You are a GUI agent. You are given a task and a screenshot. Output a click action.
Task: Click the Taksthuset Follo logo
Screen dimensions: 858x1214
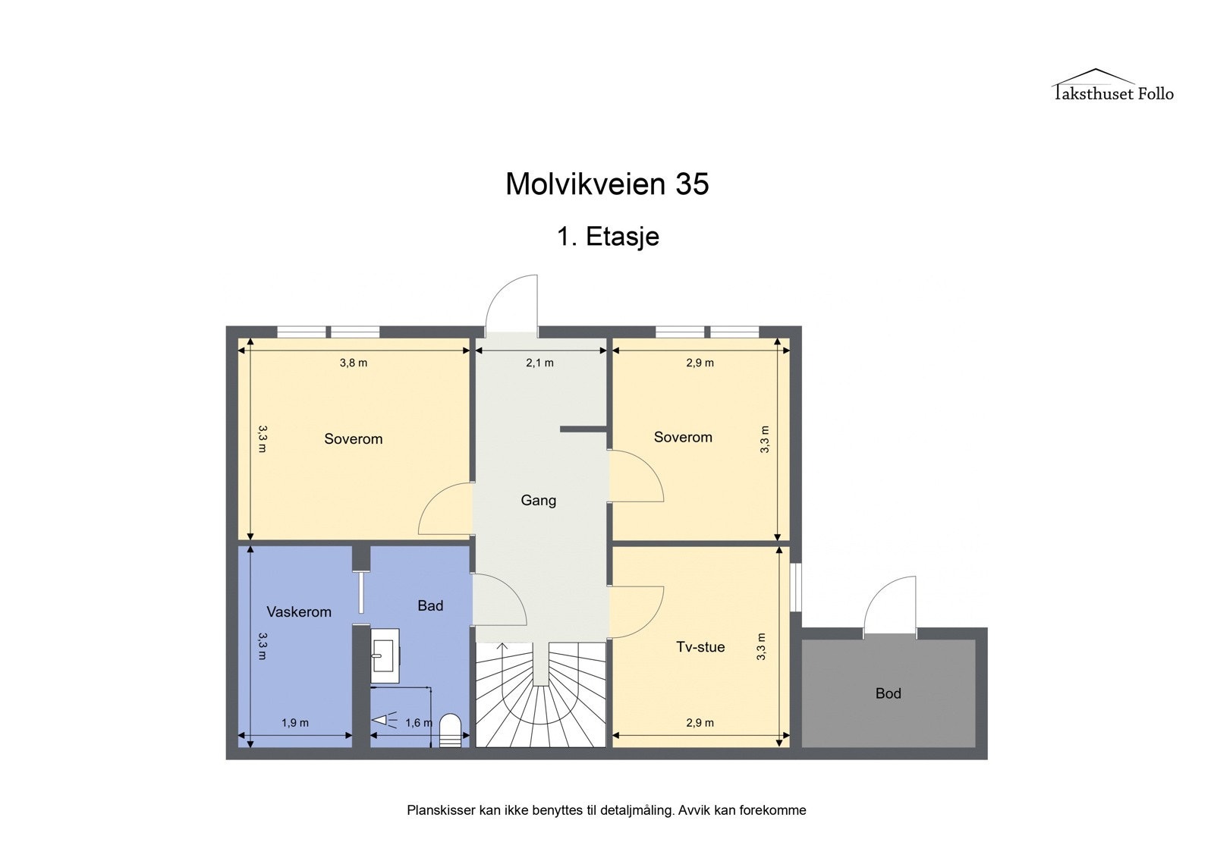point(1112,86)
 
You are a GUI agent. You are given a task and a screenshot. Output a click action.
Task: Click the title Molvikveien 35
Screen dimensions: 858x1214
point(607,184)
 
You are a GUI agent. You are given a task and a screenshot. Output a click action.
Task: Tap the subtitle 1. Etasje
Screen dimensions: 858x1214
point(608,237)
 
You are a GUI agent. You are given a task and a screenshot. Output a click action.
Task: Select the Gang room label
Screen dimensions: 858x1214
point(538,501)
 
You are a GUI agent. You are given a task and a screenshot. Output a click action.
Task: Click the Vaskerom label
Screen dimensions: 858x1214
point(299,612)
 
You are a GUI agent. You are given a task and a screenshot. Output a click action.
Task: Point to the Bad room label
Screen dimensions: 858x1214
point(430,606)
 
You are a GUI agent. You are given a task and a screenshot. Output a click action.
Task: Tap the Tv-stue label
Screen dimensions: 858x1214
point(700,647)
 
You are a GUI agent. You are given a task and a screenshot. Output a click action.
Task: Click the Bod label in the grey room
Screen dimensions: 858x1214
point(888,693)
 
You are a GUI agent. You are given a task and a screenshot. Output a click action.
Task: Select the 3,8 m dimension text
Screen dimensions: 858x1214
point(353,363)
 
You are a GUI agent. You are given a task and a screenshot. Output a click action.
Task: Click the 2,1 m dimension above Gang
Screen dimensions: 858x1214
point(539,363)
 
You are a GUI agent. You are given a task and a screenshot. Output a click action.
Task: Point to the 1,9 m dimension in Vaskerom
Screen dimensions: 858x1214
point(295,723)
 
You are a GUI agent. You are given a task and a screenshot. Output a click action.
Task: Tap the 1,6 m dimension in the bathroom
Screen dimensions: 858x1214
point(418,723)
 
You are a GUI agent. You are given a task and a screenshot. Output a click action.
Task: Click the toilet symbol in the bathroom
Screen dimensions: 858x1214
point(450,728)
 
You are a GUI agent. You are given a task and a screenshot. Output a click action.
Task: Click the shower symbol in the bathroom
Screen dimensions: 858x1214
point(384,720)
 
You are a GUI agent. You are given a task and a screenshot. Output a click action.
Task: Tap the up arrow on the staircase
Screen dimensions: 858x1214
point(502,647)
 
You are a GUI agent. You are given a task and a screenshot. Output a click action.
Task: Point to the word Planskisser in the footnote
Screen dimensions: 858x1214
point(440,810)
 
